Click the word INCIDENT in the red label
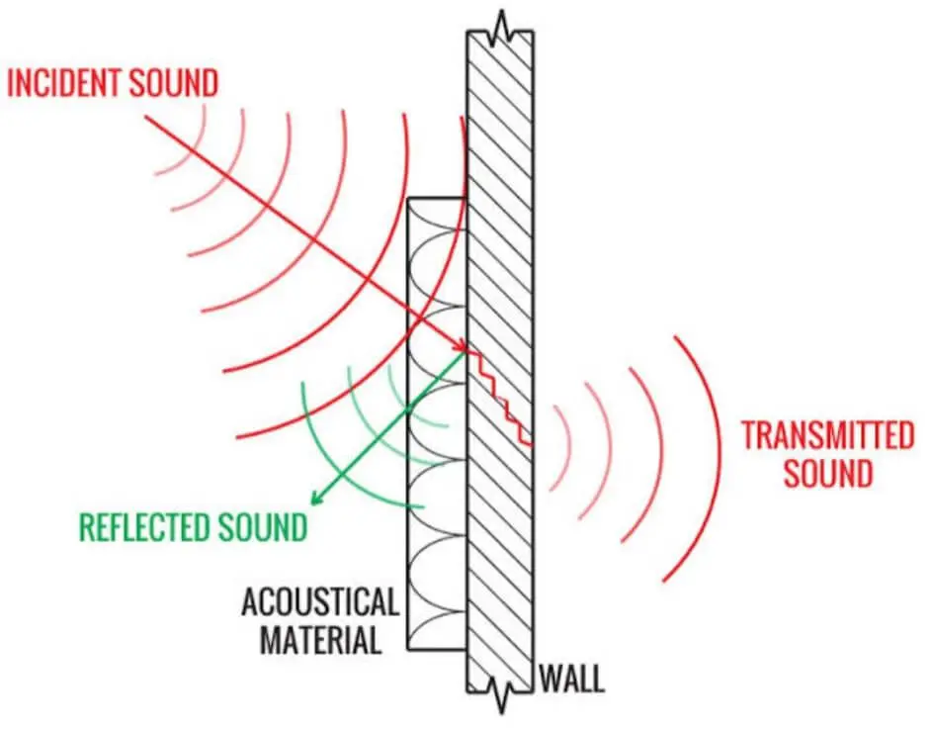pos(65,83)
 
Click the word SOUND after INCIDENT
pos(174,83)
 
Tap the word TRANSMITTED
pos(827,435)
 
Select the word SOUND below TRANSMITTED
pos(827,473)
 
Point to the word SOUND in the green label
pos(262,526)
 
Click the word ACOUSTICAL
pos(320,601)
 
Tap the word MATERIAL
pos(320,641)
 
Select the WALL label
pos(571,679)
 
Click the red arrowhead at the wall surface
pos(462,347)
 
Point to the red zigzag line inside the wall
pos(499,397)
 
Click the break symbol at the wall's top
pos(501,30)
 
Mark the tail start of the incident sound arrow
pos(146,116)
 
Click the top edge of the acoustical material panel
pos(437,198)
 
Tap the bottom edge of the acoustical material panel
pos(437,648)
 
